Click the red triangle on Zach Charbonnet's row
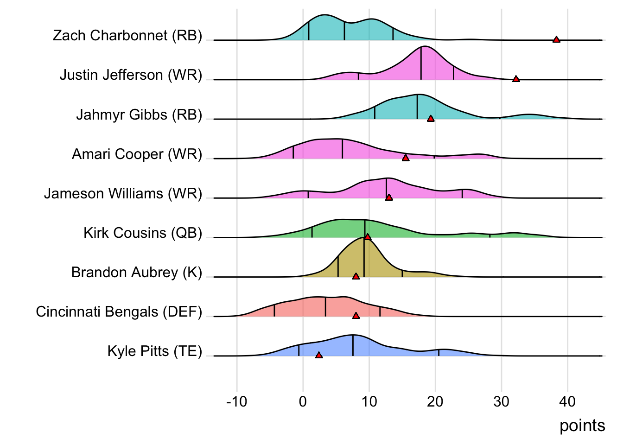(556, 39)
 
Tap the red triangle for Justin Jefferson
(516, 79)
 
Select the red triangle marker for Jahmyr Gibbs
(431, 119)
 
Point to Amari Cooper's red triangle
(406, 158)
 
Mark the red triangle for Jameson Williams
(389, 197)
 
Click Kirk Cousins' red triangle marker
(368, 237)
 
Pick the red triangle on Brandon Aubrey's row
(356, 276)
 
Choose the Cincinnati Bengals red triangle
(356, 316)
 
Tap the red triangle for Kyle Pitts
(319, 355)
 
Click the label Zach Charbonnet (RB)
(127, 35)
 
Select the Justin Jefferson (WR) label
(131, 75)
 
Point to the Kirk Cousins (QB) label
(143, 233)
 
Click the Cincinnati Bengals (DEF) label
(119, 311)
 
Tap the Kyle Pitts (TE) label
(155, 351)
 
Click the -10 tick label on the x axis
(236, 401)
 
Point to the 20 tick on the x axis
(435, 401)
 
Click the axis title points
(582, 426)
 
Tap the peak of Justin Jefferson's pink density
(424, 47)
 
